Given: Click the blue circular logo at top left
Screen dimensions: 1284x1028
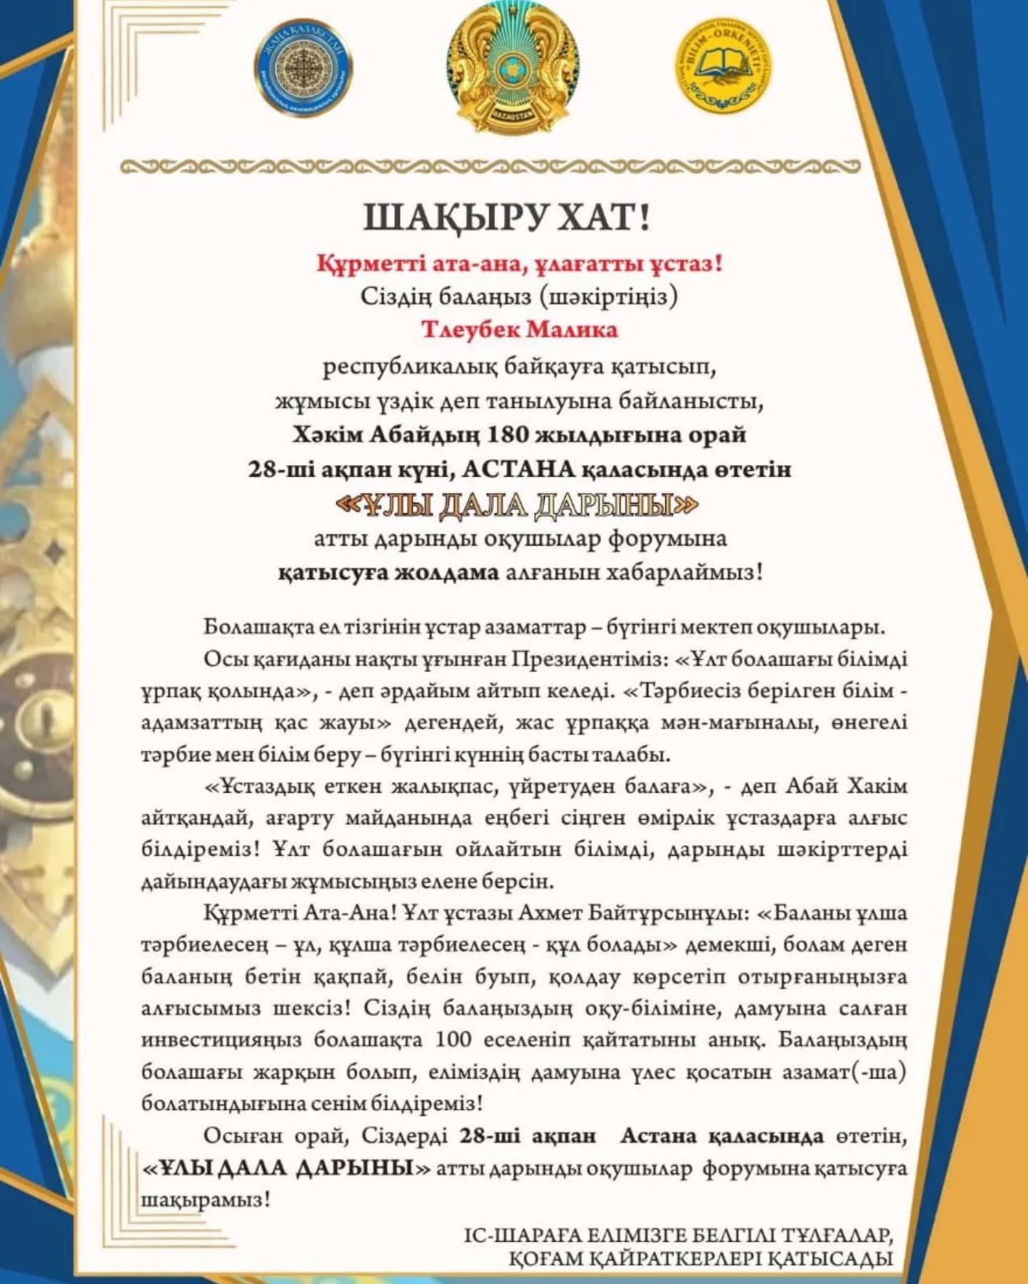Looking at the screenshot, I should pyautogui.click(x=303, y=69).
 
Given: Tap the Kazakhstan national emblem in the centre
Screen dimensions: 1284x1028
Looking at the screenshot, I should pyautogui.click(x=513, y=68).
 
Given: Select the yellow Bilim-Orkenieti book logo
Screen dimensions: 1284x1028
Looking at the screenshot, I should pyautogui.click(x=725, y=66).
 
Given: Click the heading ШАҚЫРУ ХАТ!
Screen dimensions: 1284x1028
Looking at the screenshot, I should pyautogui.click(x=507, y=218).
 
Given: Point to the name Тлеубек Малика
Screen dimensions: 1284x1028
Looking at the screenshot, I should pyautogui.click(x=519, y=330).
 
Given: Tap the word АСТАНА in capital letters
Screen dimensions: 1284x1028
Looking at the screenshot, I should pyautogui.click(x=518, y=469).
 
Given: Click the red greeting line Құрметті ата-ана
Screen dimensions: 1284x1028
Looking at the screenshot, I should pyautogui.click(x=520, y=264).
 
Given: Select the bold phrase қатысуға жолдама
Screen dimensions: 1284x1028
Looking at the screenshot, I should pyautogui.click(x=388, y=573).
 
